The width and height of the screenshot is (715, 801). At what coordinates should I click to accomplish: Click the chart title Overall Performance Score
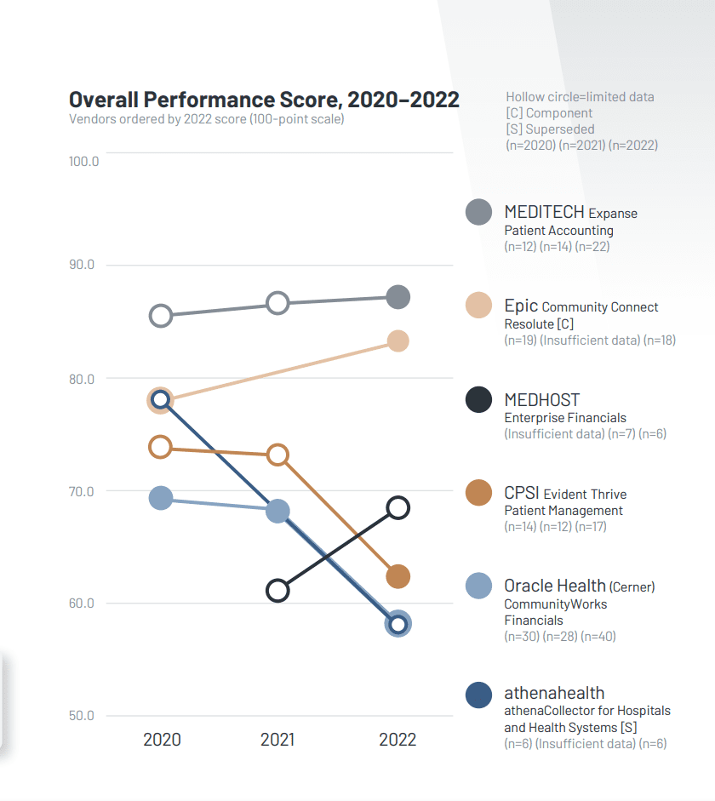pos(264,100)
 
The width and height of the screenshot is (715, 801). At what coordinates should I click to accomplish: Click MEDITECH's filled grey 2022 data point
pos(398,297)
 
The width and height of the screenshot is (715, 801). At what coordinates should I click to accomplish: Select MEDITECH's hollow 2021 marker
pos(277,303)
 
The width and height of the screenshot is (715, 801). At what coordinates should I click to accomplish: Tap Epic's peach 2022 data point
pos(398,341)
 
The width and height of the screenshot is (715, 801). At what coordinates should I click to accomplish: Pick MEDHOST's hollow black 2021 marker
pos(277,591)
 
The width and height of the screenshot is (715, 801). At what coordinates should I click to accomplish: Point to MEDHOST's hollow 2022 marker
pos(398,508)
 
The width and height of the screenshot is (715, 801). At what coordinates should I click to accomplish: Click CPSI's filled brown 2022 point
pos(398,577)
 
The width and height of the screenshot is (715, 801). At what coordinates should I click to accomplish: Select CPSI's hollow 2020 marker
pos(160,447)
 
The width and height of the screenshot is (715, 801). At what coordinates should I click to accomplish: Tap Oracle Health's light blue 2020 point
pos(161,498)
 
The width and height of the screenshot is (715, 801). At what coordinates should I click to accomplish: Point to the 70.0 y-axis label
pos(83,491)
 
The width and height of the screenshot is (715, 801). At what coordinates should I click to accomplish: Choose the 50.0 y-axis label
pos(83,715)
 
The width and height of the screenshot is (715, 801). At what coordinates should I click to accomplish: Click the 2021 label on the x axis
pos(277,739)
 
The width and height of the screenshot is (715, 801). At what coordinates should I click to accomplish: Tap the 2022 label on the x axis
pos(398,739)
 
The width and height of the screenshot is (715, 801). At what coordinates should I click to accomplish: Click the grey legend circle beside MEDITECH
pos(479,212)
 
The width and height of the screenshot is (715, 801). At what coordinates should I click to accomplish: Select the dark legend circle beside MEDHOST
pos(479,399)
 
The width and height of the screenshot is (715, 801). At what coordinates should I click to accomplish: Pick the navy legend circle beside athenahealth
pos(479,695)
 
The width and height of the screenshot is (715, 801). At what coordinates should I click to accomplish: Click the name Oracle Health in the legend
pos(554,586)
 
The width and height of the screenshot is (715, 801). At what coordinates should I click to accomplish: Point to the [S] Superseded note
pos(550,129)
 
